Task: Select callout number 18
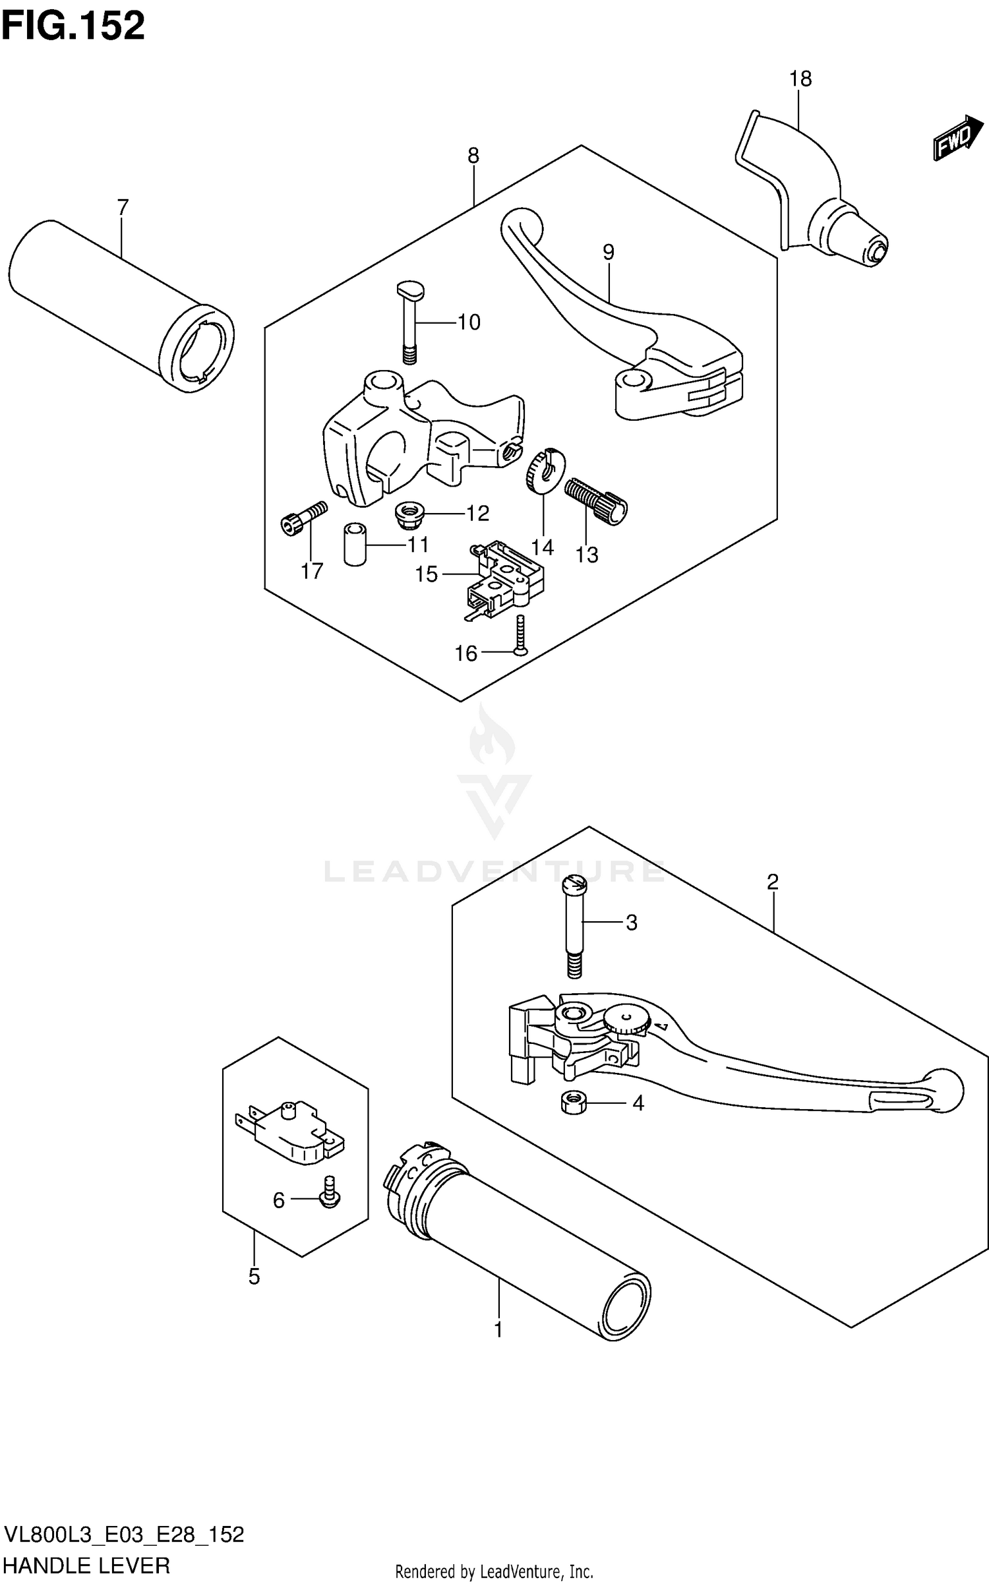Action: coord(800,79)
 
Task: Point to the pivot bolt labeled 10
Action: coord(410,320)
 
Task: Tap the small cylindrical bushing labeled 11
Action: coord(355,544)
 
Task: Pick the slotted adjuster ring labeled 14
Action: coord(545,470)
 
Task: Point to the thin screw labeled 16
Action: coord(520,635)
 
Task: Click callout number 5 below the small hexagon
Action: coord(255,1277)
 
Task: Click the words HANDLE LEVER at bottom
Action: coord(87,1565)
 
